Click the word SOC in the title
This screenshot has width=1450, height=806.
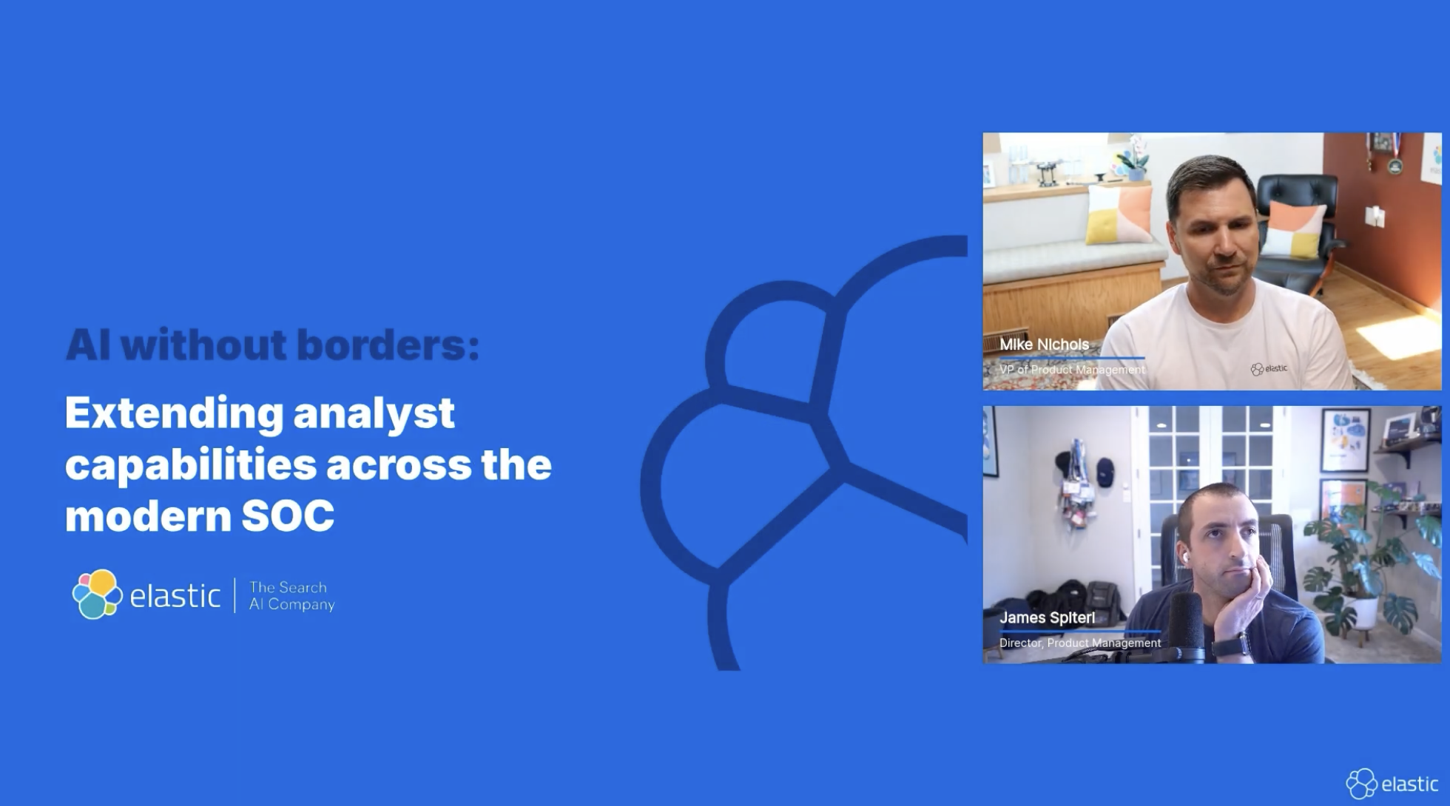(288, 516)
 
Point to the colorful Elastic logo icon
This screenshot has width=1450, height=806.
(97, 594)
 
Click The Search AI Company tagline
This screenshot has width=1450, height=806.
(291, 596)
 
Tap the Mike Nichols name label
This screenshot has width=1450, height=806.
(1044, 345)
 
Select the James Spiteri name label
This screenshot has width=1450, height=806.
(1047, 617)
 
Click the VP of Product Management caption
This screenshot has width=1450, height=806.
(1072, 370)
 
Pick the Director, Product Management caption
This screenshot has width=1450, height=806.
(1080, 643)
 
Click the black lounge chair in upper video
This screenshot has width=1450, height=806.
(1298, 231)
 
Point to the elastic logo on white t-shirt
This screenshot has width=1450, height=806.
(1269, 369)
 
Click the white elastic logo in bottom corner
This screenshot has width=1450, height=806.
(1392, 783)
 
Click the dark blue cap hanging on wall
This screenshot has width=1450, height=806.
(1105, 471)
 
